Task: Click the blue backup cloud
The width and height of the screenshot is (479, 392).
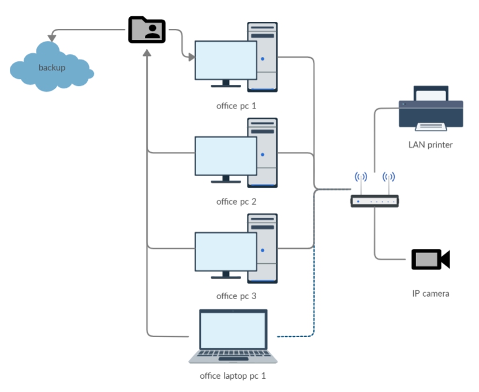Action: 51,66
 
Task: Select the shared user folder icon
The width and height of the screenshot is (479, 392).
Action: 147,29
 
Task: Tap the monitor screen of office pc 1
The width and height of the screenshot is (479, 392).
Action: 226,60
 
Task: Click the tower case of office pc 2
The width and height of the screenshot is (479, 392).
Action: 263,153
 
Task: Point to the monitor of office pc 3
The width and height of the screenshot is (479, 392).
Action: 226,252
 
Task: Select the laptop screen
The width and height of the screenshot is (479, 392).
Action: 233,330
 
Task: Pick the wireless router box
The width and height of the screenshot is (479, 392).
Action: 375,201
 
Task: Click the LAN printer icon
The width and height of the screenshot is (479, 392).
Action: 431,109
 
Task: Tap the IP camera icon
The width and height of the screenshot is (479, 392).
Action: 431,259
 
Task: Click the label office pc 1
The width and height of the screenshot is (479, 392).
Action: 236,106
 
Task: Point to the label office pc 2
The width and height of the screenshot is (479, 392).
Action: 236,201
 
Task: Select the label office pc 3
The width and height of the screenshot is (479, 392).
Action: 236,296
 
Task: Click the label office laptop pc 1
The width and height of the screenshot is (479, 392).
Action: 233,376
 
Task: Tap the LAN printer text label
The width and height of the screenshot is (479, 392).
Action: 431,145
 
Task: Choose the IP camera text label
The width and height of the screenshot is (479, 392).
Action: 431,294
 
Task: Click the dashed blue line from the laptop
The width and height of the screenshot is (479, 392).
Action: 314,305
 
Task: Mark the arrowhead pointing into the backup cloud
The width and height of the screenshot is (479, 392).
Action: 52,38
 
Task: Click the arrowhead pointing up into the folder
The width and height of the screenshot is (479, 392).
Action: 147,53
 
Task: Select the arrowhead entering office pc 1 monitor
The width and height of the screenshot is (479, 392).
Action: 191,57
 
